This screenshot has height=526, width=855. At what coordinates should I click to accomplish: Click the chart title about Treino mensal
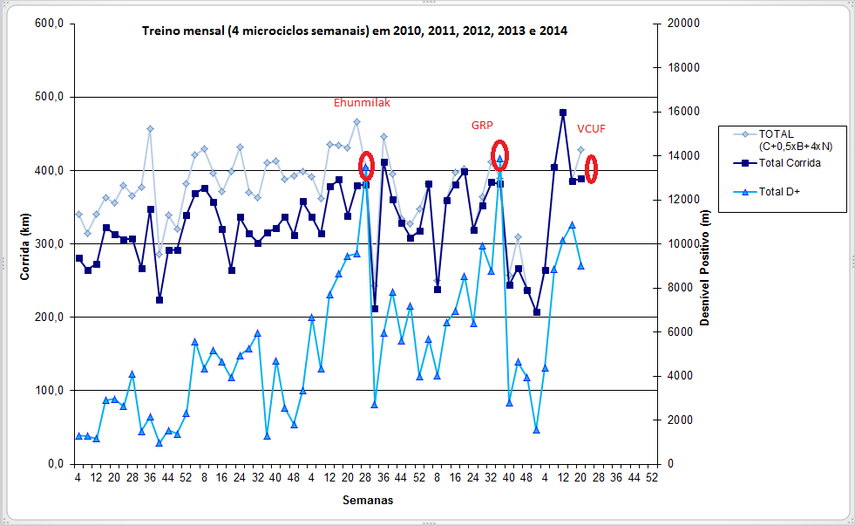point(355,31)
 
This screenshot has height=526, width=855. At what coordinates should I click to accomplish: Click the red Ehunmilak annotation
point(362,103)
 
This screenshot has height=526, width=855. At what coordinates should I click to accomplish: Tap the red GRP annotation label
point(482,126)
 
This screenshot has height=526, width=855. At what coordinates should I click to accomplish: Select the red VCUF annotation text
point(591,129)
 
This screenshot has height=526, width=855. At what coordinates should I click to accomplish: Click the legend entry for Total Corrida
point(790,162)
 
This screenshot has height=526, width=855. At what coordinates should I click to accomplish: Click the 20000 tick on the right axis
point(683,24)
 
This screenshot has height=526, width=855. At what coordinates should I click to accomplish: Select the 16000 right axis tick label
point(683,112)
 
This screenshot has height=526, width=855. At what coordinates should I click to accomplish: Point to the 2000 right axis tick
point(681,420)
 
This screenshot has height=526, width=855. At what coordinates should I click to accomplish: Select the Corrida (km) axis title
point(25,243)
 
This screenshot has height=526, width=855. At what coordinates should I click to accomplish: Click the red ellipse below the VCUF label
point(591,168)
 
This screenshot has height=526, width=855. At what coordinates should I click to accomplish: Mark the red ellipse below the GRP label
point(499,154)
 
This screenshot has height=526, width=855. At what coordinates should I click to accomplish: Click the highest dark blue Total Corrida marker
point(563,113)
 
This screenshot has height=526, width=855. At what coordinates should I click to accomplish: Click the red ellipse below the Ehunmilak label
point(367,165)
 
